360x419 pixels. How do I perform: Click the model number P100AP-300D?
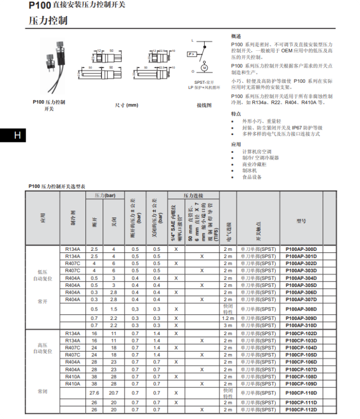pos(301,249)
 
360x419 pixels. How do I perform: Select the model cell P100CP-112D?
pos(301,410)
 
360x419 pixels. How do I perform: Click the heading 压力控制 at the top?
pos(48,21)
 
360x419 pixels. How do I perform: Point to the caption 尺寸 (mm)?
pos(127,105)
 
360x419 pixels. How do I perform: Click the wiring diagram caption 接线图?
pos(204,105)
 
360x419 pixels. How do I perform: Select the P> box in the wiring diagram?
pos(192,54)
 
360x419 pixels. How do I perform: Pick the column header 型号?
pos(301,221)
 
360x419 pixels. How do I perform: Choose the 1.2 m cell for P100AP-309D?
pos(228,318)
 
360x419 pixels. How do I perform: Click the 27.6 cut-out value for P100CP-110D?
pos(94,393)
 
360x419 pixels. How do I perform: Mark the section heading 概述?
pos(237,36)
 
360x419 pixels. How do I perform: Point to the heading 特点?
pos(237,113)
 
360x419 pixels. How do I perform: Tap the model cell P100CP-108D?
pos(301,377)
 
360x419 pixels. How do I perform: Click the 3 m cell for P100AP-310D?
pos(228,325)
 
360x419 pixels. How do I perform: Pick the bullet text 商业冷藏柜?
pos(254,164)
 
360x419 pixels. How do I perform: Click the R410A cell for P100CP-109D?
pos(73,383)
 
